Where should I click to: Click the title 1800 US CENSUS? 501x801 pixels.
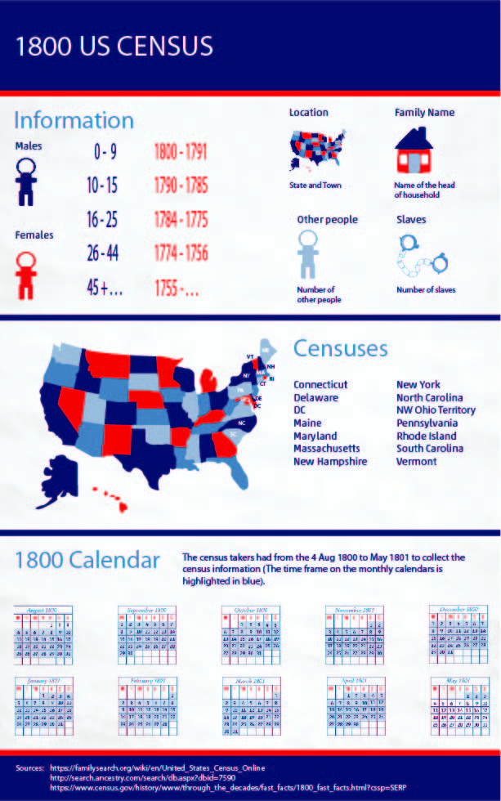point(114,47)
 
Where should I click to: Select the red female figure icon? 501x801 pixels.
point(26,275)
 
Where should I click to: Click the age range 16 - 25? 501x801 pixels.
point(102,220)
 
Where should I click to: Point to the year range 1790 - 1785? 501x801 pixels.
point(181,186)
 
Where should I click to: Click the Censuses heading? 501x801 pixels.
point(340,349)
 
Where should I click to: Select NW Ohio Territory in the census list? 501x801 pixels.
point(435,410)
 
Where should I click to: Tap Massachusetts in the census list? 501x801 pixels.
point(326,449)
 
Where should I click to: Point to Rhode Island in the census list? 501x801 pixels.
point(425,436)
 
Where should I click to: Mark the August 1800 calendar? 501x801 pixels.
point(42,635)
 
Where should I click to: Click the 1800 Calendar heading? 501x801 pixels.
point(87,561)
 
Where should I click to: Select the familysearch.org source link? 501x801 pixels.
point(157,767)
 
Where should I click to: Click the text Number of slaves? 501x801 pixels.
point(426,289)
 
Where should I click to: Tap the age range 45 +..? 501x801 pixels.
point(105,289)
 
